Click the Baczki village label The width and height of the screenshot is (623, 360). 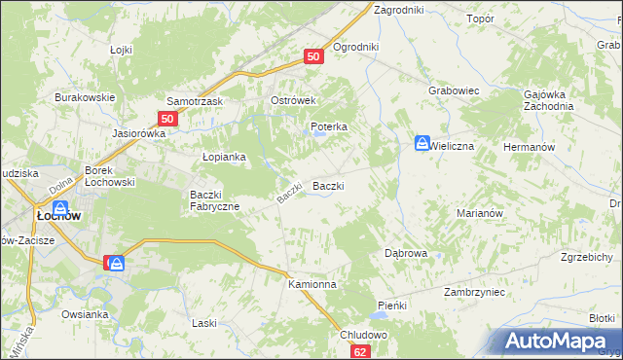click(x=327, y=186)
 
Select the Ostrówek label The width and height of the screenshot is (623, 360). click(x=289, y=101)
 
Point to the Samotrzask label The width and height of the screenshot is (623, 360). click(x=196, y=101)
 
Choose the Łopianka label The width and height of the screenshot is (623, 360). click(x=223, y=156)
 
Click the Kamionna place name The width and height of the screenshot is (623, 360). click(x=311, y=284)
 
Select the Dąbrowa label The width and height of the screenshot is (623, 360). click(x=406, y=252)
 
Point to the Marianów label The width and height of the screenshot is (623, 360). click(x=478, y=212)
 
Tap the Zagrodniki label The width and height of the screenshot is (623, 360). click(x=398, y=9)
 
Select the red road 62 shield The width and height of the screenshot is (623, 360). click(x=361, y=352)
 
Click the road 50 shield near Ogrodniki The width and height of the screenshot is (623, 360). click(x=312, y=57)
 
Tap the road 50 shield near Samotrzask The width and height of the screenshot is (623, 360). click(x=166, y=119)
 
